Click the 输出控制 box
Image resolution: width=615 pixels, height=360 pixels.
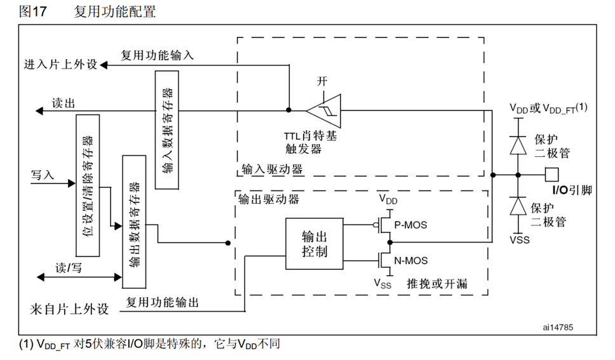[x=314, y=244]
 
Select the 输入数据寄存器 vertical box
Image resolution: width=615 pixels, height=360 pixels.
[x=166, y=130]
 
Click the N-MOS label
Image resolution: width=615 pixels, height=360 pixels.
[x=411, y=260]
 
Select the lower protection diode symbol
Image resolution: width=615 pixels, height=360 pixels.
[x=518, y=207]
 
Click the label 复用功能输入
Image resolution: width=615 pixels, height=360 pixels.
[x=157, y=55]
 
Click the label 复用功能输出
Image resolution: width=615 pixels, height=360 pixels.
[x=163, y=302]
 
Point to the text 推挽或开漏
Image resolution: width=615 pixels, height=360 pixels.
[x=437, y=283]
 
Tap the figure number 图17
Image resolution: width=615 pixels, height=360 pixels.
[x=33, y=11]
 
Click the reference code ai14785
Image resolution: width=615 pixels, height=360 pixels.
[x=558, y=326]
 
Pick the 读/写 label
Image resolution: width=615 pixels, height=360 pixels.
[x=69, y=267]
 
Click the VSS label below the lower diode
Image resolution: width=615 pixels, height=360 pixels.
[x=518, y=239]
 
